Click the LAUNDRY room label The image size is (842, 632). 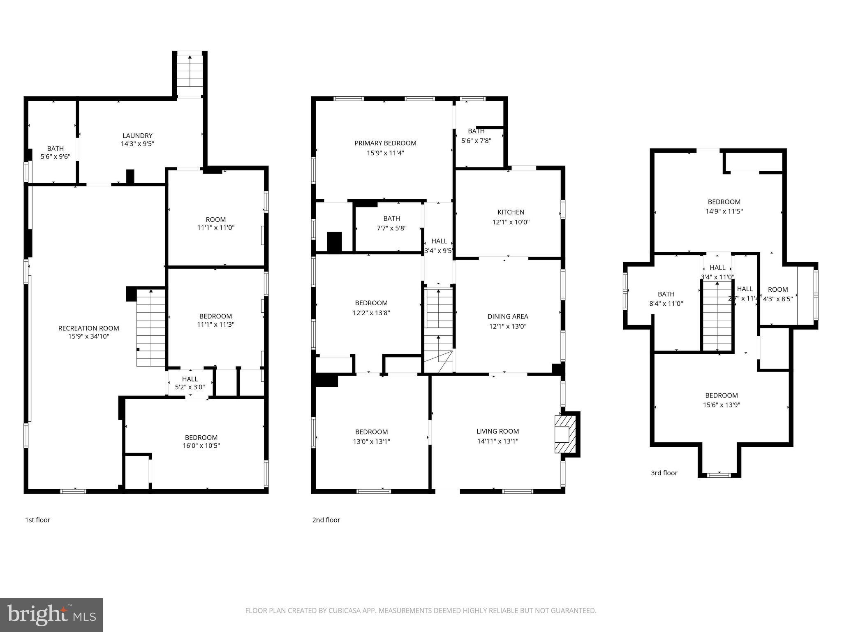pos(137,135)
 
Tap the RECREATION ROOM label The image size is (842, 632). pos(88,328)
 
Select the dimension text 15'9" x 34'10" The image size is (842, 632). pos(88,336)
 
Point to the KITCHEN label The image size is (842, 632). pos(511,212)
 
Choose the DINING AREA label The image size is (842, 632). pos(507,316)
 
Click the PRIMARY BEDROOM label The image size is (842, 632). pos(385,143)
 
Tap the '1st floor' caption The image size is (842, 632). pos(37,520)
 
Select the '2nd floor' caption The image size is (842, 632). pos(326,520)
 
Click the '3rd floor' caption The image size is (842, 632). pos(664,473)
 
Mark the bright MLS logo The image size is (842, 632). pos(51,615)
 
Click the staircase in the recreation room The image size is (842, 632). pos(151,328)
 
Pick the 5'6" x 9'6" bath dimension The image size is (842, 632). pos(55,157)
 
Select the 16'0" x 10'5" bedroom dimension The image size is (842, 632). pos(201,445)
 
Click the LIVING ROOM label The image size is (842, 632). pos(497,431)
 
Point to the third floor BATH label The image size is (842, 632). pos(666,294)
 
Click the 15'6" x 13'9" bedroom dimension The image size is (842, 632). pos(721,404)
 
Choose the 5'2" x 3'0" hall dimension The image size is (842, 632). pos(190,387)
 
